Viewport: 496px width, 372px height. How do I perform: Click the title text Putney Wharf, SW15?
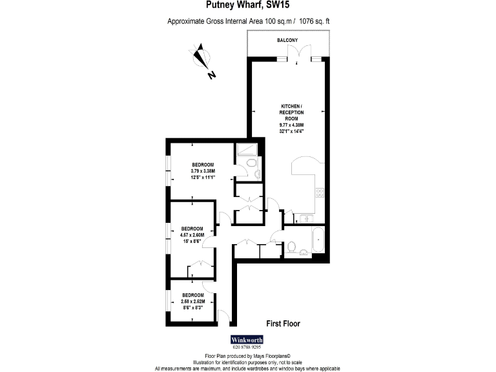click(248, 5)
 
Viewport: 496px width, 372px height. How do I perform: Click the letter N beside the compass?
click(212, 75)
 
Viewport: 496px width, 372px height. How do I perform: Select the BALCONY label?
click(287, 41)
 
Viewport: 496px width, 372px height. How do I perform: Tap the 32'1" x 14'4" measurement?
click(292, 130)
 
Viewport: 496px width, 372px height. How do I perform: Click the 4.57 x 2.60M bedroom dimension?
click(192, 235)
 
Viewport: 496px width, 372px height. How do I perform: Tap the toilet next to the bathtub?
click(292, 245)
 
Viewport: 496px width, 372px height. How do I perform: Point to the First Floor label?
click(284, 323)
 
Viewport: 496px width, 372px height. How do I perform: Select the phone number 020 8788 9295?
click(248, 348)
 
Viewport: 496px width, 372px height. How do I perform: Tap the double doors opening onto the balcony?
click(295, 59)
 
